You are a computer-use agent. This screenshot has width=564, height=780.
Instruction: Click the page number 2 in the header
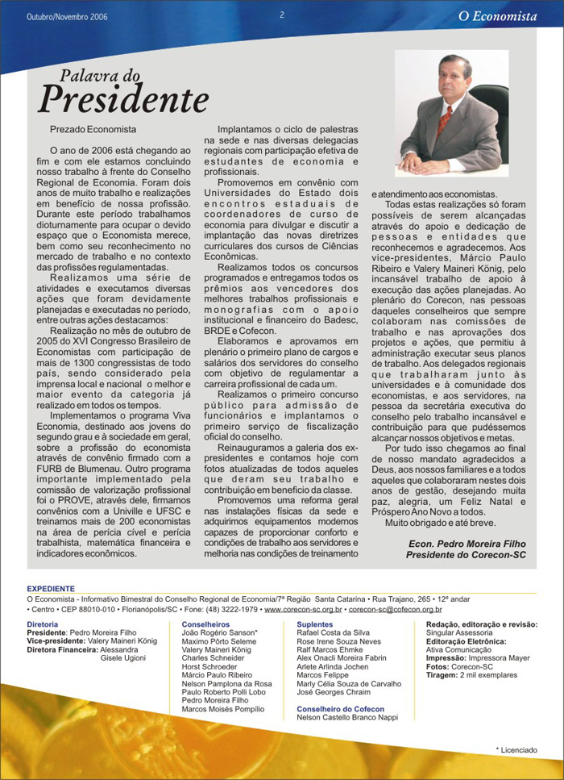coord(282,15)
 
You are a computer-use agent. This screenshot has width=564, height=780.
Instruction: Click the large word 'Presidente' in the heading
coord(123,100)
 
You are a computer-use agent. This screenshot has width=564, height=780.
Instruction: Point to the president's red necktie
coord(443,121)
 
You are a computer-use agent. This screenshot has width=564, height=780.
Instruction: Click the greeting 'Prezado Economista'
coord(93,129)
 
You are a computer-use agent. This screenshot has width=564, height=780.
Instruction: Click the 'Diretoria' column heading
coord(42,624)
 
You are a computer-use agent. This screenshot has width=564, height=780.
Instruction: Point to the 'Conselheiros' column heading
coord(206,624)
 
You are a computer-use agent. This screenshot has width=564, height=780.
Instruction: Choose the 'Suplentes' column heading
coord(315,624)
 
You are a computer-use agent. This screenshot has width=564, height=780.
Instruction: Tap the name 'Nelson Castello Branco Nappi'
coord(347,717)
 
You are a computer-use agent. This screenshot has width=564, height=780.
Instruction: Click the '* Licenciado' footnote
coord(516,749)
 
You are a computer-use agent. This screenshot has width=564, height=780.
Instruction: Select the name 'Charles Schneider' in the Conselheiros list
coord(213,657)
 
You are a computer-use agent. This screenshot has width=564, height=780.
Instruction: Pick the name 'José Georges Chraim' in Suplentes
coord(334,691)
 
